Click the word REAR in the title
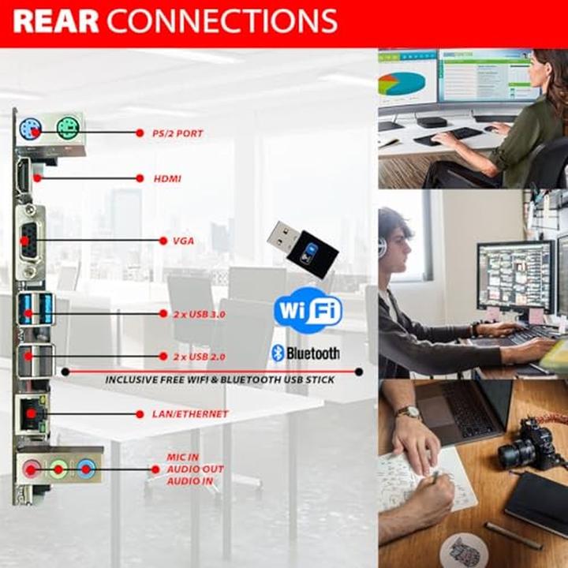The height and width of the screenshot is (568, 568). coord(56,21)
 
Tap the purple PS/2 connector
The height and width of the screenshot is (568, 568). coord(31,129)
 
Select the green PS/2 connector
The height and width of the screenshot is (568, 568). coord(68,129)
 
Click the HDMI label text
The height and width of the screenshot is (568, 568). coord(167,178)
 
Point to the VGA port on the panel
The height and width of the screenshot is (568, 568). coord(30,240)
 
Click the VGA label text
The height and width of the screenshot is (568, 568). coord(183,241)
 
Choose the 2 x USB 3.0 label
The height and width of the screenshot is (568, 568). coord(200,314)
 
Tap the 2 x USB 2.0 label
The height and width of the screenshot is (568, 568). coord(200,357)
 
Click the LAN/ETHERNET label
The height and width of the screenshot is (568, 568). coord(190,414)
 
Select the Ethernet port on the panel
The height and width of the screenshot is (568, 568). coord(32,413)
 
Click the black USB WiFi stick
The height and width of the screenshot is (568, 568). coord(302,245)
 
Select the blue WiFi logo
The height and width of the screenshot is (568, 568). coord(308,310)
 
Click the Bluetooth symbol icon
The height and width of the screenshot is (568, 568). coord(278,353)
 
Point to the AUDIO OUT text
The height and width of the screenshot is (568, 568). coord(196,469)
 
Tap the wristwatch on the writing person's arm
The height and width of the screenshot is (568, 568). coord(409,413)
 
